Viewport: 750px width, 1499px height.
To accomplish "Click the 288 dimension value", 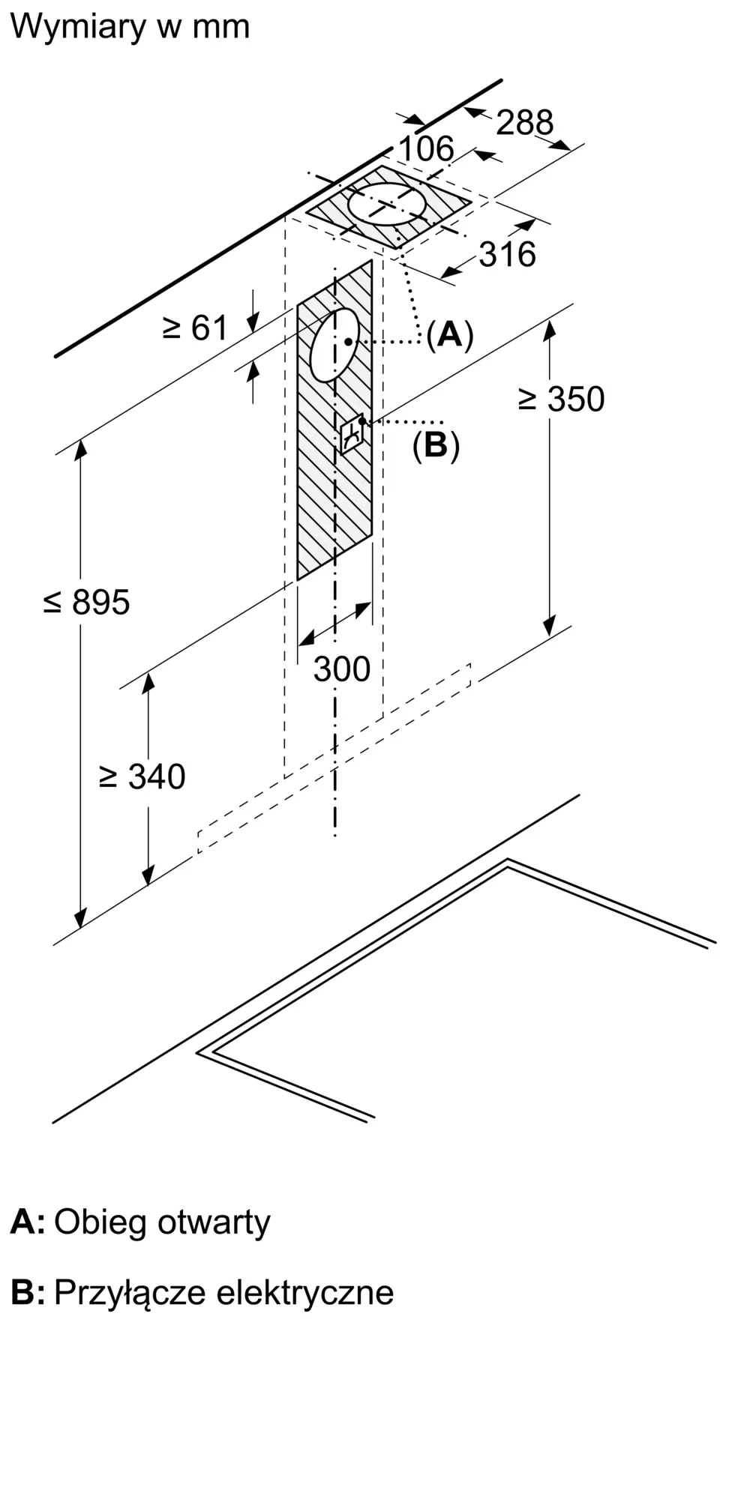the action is click(525, 122).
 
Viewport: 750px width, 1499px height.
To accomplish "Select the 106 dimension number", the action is click(426, 148).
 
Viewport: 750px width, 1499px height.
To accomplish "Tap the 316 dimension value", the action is click(508, 255).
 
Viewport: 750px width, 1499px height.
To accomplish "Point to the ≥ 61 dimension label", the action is click(195, 328).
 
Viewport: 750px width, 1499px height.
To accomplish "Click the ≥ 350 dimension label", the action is click(561, 399).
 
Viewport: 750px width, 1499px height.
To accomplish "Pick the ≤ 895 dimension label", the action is click(86, 603).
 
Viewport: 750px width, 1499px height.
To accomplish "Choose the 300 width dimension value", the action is click(342, 669).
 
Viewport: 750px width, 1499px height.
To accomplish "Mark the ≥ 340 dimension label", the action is click(142, 776).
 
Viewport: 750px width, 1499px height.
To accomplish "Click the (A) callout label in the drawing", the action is click(450, 334).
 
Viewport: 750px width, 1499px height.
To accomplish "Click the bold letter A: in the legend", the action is click(28, 1222).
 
